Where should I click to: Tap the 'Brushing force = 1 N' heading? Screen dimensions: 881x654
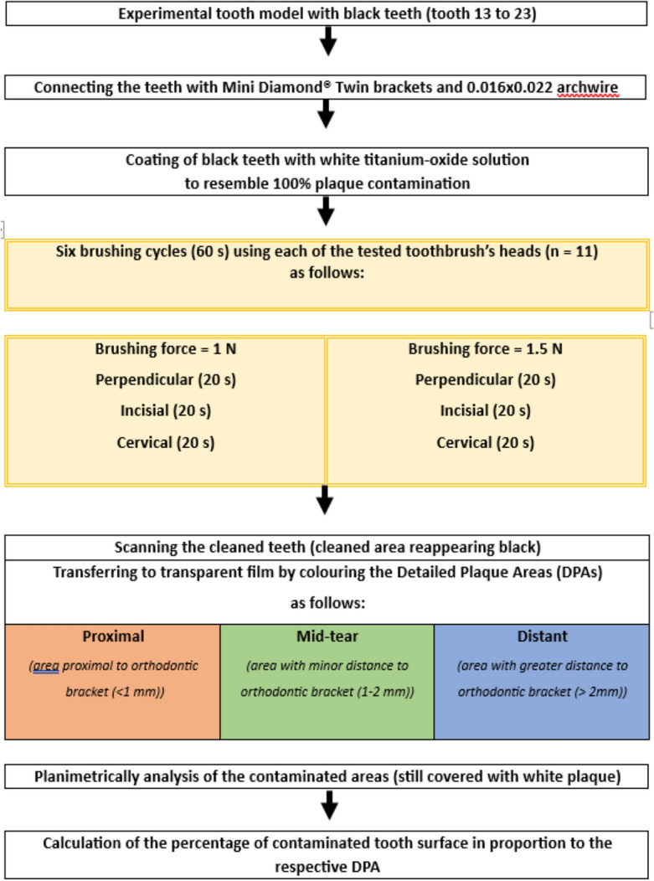coord(165,349)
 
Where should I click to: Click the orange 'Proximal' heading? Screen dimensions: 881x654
coord(112,636)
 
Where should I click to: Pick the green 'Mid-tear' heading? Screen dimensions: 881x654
coord(327,636)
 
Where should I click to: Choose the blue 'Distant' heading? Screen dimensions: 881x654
coord(541,636)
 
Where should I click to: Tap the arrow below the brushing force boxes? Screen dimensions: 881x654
coord(327,500)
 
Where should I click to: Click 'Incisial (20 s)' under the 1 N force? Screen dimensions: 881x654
coord(165,411)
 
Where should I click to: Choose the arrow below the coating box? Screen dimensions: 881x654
coord(327,213)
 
